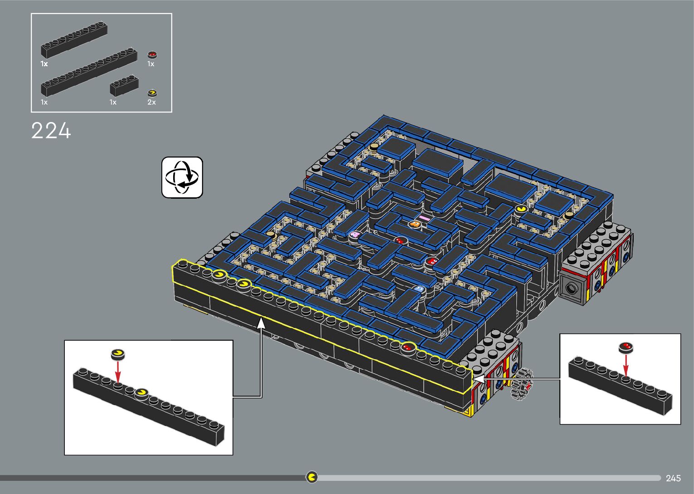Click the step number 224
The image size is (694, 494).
click(51, 131)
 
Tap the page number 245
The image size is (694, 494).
click(673, 478)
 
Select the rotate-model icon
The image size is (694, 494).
click(182, 177)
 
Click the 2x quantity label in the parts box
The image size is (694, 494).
click(151, 103)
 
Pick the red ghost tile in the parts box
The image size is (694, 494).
click(152, 55)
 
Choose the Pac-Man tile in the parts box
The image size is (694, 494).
click(152, 93)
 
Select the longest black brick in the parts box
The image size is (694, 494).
click(89, 72)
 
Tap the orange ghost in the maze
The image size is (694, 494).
click(414, 224)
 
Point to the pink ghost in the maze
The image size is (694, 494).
click(354, 235)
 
